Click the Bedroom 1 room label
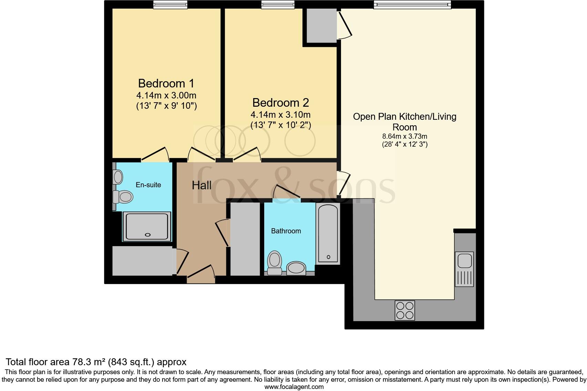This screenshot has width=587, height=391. pyautogui.click(x=166, y=83)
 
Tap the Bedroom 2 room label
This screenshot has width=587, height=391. pyautogui.click(x=280, y=103)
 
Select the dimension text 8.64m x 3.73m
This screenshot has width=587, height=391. pyautogui.click(x=404, y=136)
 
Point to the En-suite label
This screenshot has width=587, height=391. pyautogui.click(x=148, y=185)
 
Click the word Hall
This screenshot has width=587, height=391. pyautogui.click(x=202, y=186)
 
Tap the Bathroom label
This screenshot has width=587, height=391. pyautogui.click(x=286, y=231)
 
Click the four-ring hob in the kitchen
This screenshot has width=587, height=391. pyautogui.click(x=405, y=310)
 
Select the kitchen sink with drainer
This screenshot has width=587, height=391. pyautogui.click(x=464, y=269)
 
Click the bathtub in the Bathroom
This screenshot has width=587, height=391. pyautogui.click(x=328, y=233)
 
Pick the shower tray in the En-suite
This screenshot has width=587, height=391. pyautogui.click(x=147, y=226)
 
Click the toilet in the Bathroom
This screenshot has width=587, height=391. pyautogui.click(x=275, y=263)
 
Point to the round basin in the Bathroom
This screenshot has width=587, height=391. pyautogui.click(x=296, y=267)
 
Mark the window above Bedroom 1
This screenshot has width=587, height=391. pyautogui.click(x=170, y=4)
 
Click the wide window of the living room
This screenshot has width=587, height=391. pyautogui.click(x=412, y=4)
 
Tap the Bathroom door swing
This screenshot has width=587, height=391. pyautogui.click(x=287, y=193)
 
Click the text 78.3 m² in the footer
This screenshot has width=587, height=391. pyautogui.click(x=89, y=362)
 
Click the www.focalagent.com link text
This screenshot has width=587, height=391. pyautogui.click(x=294, y=387)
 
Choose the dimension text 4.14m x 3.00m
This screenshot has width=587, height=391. pyautogui.click(x=166, y=95)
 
